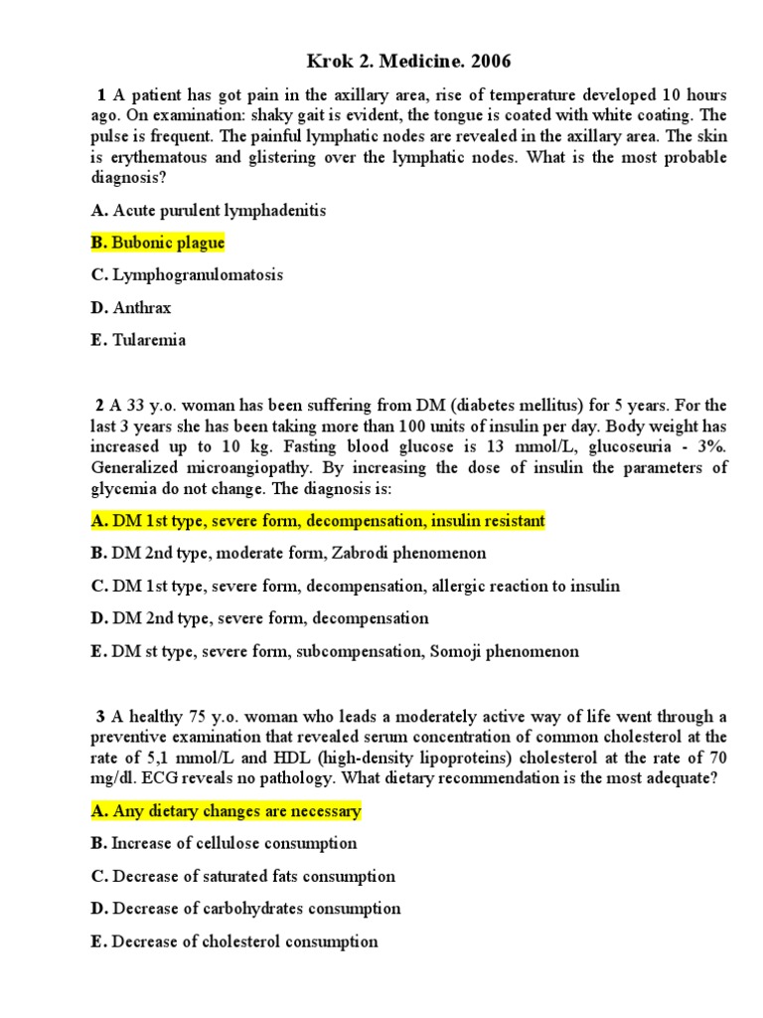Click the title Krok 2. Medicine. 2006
(381, 62)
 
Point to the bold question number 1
(101, 95)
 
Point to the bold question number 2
(99, 406)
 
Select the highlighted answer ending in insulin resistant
(317, 521)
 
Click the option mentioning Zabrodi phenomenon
(288, 553)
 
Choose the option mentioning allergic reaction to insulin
(355, 586)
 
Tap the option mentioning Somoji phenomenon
(335, 651)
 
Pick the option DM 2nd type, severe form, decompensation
(259, 618)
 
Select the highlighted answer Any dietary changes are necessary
(226, 811)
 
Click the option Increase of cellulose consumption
(224, 843)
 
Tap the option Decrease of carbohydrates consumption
(245, 909)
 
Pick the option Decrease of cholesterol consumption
(233, 941)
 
